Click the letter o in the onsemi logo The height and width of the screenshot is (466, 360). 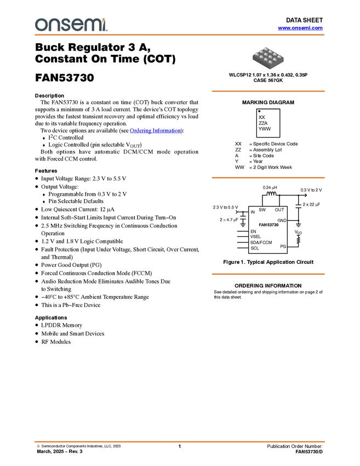click(41, 25)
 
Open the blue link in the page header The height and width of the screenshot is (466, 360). click(300, 28)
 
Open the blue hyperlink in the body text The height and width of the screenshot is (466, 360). click(155, 131)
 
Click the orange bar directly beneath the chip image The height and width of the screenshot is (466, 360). click(268, 91)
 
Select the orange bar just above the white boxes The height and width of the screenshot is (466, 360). click(268, 178)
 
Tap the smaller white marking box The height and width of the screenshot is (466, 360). click(253, 213)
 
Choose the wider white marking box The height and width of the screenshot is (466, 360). click(268, 225)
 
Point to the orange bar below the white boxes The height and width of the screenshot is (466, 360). click(268, 274)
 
